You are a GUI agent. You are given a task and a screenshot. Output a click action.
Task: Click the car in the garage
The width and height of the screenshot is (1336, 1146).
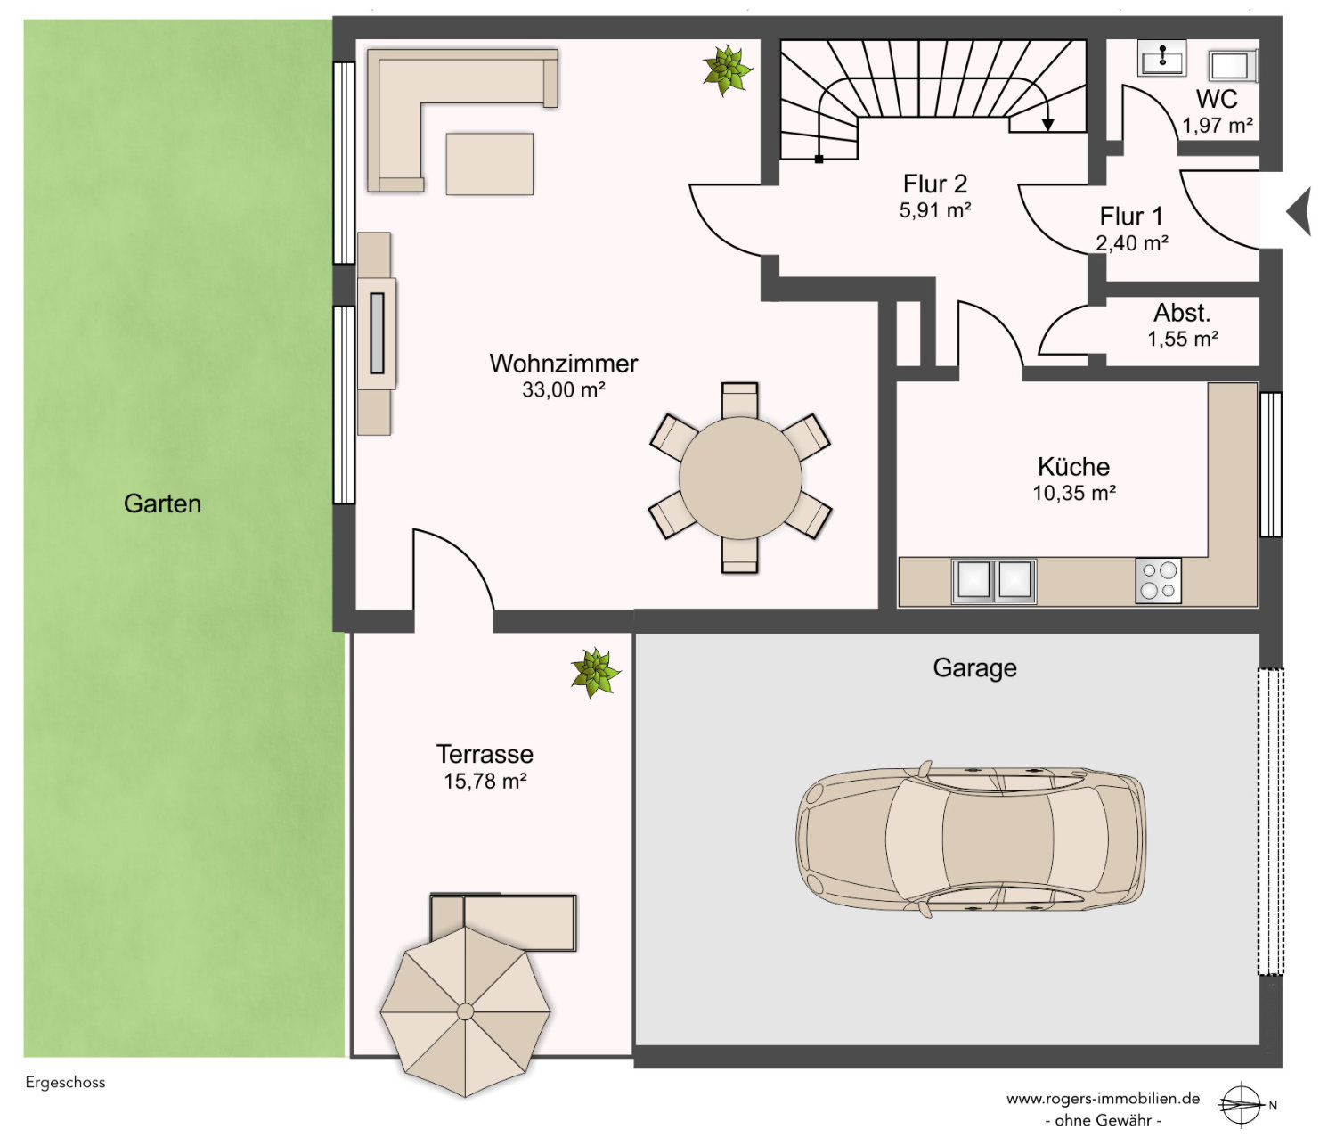tap(970, 839)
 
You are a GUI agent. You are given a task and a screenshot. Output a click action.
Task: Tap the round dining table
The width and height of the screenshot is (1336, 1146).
tap(740, 478)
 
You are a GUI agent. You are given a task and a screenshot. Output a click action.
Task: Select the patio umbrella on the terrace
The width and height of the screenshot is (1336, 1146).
tap(465, 1011)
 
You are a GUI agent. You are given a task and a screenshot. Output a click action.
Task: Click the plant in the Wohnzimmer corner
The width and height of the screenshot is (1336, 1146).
tap(727, 70)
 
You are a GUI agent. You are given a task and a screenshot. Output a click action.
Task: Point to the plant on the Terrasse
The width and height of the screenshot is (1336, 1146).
tap(595, 673)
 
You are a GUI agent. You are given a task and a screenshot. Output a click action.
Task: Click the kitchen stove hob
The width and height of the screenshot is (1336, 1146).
tap(1158, 580)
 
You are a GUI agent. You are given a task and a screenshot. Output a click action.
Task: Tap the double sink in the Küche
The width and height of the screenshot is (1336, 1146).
tap(993, 581)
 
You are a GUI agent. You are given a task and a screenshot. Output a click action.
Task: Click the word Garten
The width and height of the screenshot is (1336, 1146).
tap(162, 503)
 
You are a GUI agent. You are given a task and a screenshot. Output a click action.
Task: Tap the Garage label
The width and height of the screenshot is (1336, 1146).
tap(974, 668)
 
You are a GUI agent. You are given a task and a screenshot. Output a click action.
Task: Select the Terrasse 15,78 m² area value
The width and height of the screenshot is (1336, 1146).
tap(485, 781)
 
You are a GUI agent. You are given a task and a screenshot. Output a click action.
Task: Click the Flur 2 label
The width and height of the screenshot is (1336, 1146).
tap(934, 184)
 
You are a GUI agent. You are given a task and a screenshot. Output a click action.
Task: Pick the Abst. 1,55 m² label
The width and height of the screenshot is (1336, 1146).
tap(1182, 325)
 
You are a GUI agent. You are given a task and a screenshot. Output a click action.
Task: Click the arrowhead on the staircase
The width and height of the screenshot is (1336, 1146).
tap(1047, 125)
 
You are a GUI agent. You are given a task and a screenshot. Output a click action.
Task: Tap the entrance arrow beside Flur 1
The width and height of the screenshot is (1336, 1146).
tap(1299, 211)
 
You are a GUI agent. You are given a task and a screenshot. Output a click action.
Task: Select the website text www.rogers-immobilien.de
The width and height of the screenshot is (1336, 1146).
tap(1103, 1098)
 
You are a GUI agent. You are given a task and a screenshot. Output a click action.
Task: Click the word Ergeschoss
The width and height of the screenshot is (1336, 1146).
tap(65, 1083)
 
